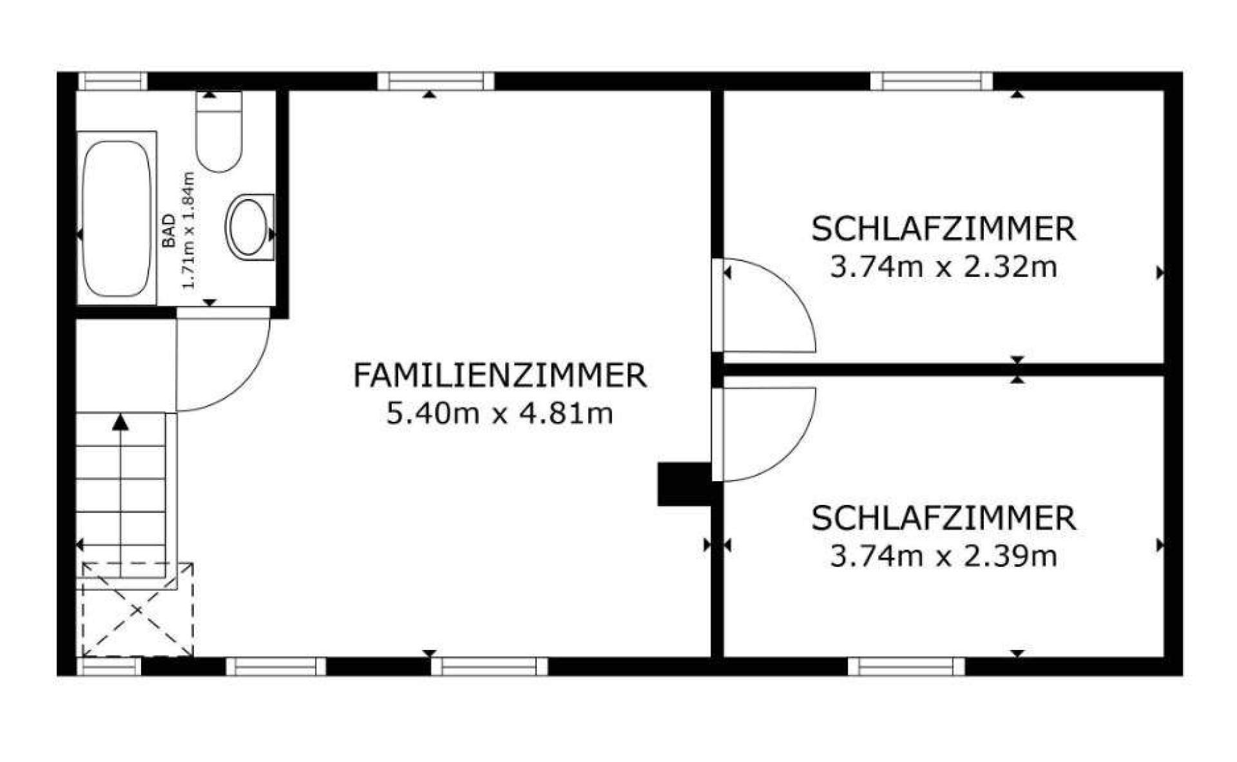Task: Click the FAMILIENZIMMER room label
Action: tap(500, 376)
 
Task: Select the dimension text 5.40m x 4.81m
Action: tap(500, 414)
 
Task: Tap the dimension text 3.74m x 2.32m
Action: tap(944, 267)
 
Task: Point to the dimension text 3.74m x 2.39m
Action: tap(944, 556)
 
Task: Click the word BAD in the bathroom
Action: tap(169, 231)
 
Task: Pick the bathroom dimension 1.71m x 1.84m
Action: tap(188, 231)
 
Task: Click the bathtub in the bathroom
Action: tap(117, 218)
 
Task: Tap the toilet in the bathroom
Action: tap(219, 132)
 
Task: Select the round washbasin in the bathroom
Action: tap(249, 227)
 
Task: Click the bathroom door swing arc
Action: tap(242, 385)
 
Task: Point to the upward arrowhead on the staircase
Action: tap(120, 423)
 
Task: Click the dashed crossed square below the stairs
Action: tap(137, 609)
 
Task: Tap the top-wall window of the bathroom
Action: tap(113, 82)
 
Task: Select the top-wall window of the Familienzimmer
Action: tap(436, 82)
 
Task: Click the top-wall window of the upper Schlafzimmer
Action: tap(932, 82)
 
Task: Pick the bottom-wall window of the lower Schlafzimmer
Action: tap(906, 666)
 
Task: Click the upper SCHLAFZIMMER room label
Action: tap(944, 229)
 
